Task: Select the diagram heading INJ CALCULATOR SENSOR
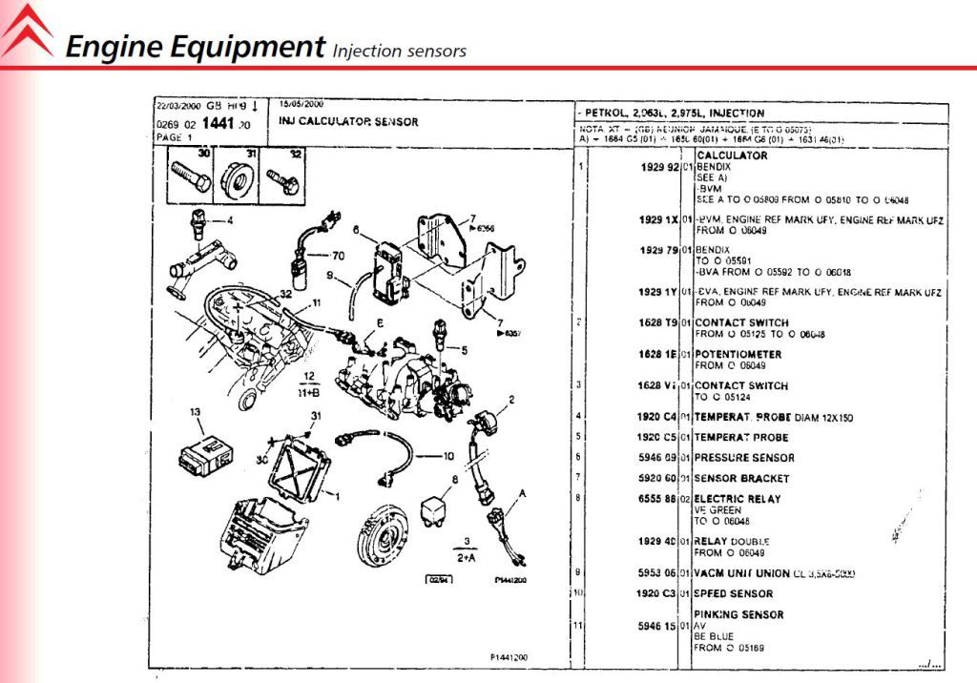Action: (x=348, y=121)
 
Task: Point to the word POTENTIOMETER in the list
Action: (x=738, y=354)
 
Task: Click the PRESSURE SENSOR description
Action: (x=744, y=458)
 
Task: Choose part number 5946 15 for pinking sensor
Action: (x=659, y=627)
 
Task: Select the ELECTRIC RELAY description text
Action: (x=738, y=498)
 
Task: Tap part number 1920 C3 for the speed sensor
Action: (x=658, y=593)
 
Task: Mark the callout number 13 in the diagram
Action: (x=196, y=413)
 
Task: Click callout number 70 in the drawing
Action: (x=337, y=256)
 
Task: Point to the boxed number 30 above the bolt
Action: (x=202, y=153)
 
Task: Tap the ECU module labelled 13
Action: (x=205, y=452)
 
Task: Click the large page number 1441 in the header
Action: (x=216, y=124)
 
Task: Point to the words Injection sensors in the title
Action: (x=399, y=50)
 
